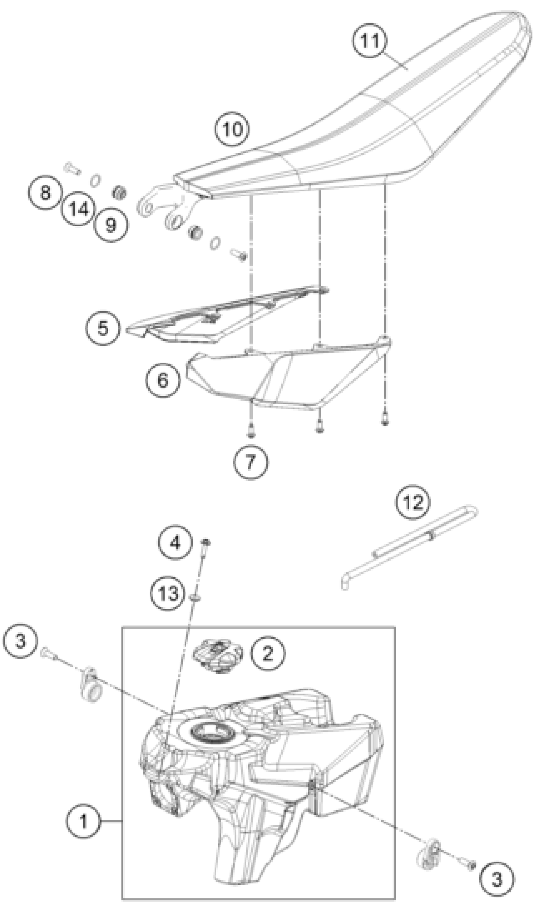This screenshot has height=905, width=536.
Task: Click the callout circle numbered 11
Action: pyautogui.click(x=370, y=40)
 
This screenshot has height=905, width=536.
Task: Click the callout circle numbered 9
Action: pyautogui.click(x=111, y=225)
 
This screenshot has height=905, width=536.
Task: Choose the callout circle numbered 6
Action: pyautogui.click(x=163, y=380)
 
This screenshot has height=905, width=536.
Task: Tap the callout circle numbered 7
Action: pyautogui.click(x=251, y=462)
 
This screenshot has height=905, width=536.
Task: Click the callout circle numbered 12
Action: pyautogui.click(x=412, y=502)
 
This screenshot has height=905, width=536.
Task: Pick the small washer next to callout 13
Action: pyautogui.click(x=195, y=598)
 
